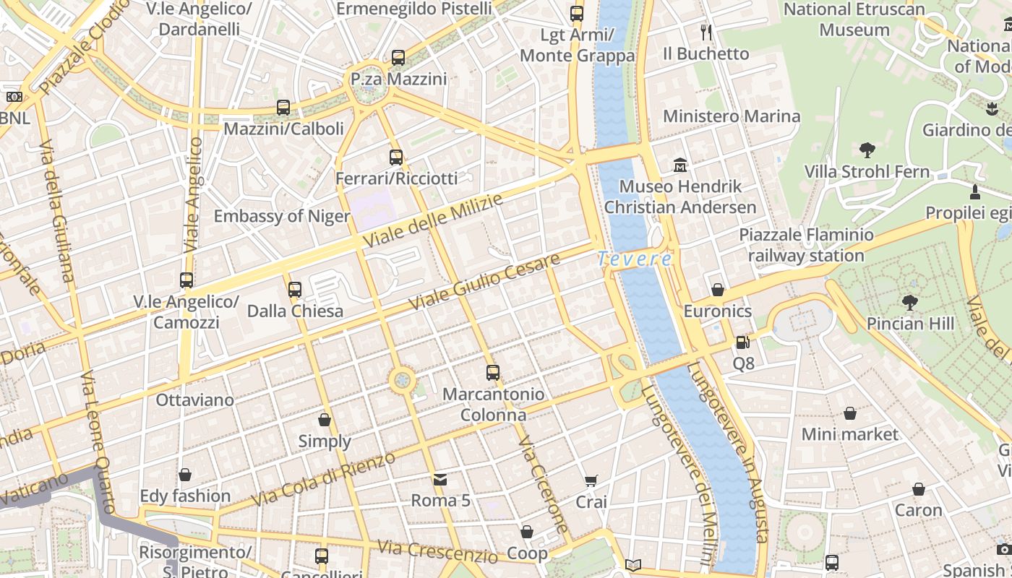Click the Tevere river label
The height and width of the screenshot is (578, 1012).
click(635, 259)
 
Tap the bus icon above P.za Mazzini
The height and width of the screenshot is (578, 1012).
click(398, 58)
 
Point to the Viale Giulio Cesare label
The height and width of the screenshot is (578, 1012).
click(484, 282)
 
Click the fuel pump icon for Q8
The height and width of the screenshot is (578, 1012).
click(742, 342)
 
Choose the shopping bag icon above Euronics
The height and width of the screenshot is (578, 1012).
click(718, 290)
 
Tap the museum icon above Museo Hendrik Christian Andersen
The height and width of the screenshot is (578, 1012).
click(679, 165)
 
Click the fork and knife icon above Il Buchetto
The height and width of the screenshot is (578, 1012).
click(706, 32)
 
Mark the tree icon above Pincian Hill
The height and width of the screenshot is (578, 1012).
click(910, 302)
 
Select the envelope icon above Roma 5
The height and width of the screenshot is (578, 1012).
click(440, 479)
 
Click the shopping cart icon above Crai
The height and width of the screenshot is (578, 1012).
click(591, 480)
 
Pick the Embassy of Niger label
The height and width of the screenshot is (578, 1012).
click(282, 216)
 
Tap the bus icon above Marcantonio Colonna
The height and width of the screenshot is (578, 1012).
click(493, 373)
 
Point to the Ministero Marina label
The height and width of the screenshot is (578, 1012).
click(732, 116)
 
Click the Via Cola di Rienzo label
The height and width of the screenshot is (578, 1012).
click(323, 479)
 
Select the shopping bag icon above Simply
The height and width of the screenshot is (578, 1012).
click(325, 420)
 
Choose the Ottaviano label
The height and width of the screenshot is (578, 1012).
click(195, 400)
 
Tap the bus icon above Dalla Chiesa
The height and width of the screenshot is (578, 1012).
click(295, 290)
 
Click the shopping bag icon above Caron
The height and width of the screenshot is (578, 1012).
click(918, 489)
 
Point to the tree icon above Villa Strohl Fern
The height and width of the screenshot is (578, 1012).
click(867, 150)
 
